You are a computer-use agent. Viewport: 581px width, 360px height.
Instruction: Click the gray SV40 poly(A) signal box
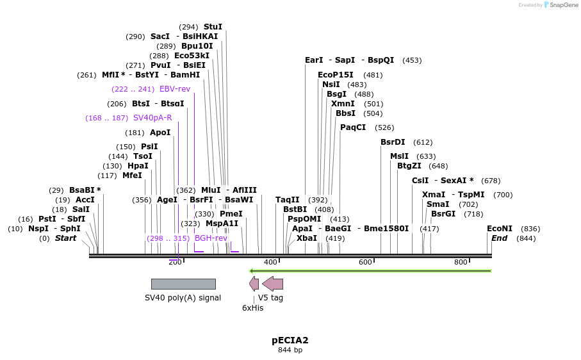[x=183, y=284]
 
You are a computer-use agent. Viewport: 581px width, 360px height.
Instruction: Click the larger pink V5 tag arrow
[x=273, y=284]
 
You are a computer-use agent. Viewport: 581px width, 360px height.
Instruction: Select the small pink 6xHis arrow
[x=254, y=284]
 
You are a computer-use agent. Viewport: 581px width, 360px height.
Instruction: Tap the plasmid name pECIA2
[x=290, y=340]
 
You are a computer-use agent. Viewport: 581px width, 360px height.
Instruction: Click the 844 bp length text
[x=290, y=350]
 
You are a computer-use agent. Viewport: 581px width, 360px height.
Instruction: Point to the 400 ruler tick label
[x=270, y=263]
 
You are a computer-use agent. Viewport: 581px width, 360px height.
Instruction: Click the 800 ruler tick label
[x=461, y=263]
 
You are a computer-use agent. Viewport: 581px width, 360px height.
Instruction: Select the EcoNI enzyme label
[x=500, y=229]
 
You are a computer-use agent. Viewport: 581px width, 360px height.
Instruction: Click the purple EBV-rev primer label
[x=175, y=89]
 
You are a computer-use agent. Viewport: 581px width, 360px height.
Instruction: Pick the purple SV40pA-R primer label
[x=152, y=118]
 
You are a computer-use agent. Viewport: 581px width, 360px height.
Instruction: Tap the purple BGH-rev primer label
[x=211, y=238]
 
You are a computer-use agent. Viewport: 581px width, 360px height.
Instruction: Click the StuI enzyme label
[x=213, y=27]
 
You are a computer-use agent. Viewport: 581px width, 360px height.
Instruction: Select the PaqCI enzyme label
[x=353, y=127]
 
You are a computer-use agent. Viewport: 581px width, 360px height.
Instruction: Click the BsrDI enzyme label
[x=393, y=142]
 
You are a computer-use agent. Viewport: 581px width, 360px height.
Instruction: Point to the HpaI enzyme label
[x=138, y=166]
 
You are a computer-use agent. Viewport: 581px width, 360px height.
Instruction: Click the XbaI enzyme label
[x=307, y=238]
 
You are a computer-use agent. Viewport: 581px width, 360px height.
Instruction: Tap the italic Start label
[x=65, y=238]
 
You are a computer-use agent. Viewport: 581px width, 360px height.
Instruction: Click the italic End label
[x=500, y=238]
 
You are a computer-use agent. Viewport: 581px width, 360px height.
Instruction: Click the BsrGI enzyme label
[x=443, y=214]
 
